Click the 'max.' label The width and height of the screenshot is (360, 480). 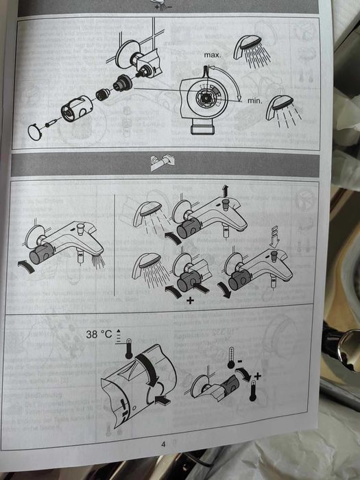point(212,56)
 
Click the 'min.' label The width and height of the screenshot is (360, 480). point(254,100)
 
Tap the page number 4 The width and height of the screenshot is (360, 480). point(163,444)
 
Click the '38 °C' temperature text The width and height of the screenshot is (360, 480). point(99,334)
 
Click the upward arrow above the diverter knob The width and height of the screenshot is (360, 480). point(226,191)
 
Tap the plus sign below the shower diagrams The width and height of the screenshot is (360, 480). point(190,300)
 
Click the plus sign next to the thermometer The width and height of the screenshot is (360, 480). point(257,376)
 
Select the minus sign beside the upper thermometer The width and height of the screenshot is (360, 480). point(240,361)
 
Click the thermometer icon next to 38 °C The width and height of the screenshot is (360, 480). point(129,348)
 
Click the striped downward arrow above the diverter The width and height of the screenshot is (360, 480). point(274,237)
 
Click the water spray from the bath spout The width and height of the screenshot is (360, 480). point(98,261)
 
